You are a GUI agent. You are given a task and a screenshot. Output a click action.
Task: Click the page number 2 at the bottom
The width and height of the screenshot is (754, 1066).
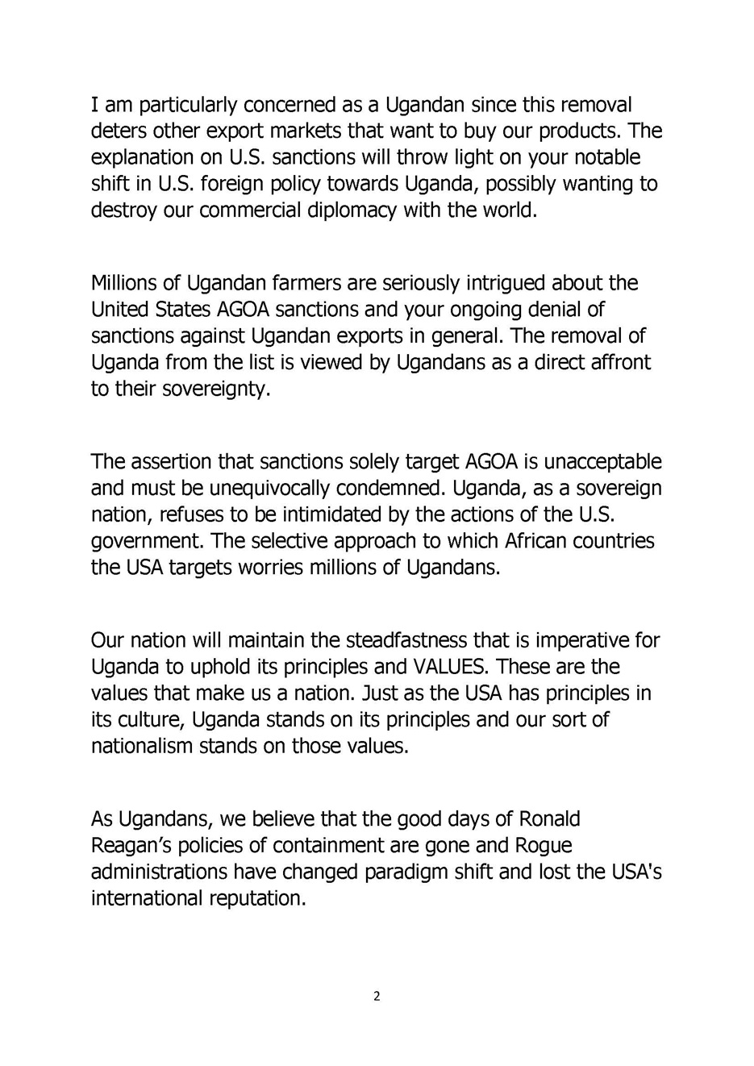[x=377, y=997]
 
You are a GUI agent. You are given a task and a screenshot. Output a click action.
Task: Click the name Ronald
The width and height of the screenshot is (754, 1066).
[x=549, y=819]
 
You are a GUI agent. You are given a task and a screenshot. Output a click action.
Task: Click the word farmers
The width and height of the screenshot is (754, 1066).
[x=293, y=283]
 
